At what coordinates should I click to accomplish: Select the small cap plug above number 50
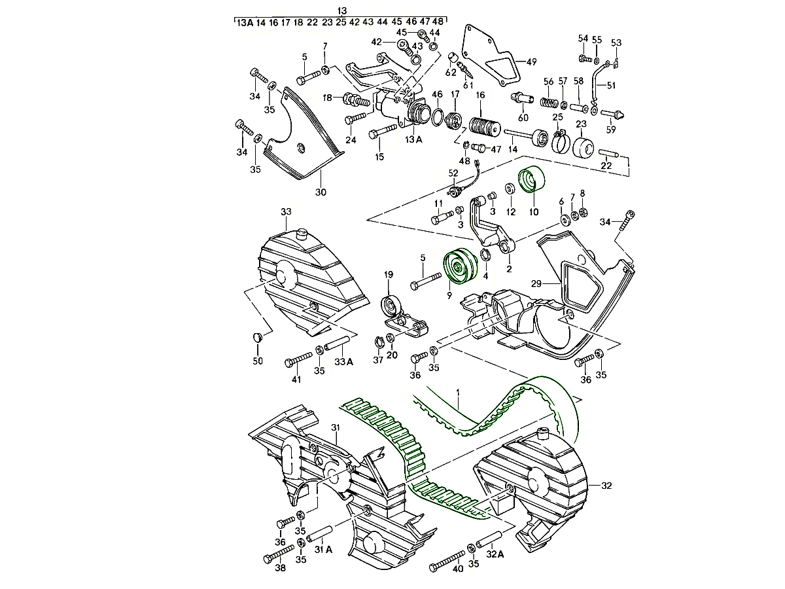[257, 337]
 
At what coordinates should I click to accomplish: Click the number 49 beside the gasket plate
[531, 62]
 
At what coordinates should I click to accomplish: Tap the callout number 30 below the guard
[321, 192]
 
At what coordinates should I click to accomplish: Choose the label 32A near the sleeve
[495, 554]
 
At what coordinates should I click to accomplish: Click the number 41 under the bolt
[296, 380]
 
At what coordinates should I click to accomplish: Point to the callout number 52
[453, 173]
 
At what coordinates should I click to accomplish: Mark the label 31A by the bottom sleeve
[324, 550]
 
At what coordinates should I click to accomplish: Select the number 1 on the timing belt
[459, 393]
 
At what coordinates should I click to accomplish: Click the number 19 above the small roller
[388, 275]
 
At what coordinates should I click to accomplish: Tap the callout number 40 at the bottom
[458, 569]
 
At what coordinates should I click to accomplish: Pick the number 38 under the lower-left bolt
[280, 569]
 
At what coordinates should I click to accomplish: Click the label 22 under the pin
[606, 166]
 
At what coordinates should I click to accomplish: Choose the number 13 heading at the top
[341, 11]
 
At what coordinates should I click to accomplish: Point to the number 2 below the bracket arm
[509, 268]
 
